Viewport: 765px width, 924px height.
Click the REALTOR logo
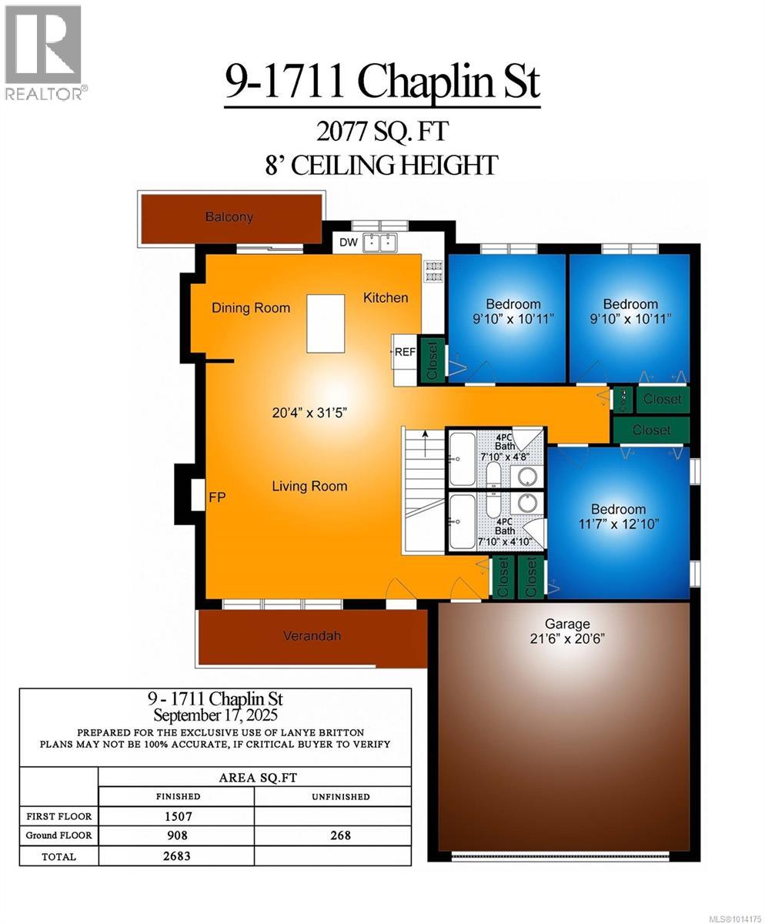tap(44, 52)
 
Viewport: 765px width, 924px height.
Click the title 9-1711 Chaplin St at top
tap(382, 82)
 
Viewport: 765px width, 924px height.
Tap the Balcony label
tap(229, 217)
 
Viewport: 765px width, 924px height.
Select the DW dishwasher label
tap(349, 243)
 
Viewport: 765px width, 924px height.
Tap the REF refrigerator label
tap(405, 351)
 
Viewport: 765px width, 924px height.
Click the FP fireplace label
tap(217, 497)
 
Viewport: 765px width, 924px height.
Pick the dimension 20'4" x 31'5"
tap(309, 413)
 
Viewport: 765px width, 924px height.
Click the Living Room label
tap(309, 486)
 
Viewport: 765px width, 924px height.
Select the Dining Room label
tap(251, 308)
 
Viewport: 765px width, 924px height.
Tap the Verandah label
tap(312, 635)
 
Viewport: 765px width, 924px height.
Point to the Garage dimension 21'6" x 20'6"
tap(567, 638)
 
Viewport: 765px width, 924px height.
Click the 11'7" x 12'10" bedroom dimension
tap(618, 524)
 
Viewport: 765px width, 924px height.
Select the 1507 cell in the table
tap(177, 816)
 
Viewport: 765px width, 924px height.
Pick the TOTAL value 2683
tap(177, 855)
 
